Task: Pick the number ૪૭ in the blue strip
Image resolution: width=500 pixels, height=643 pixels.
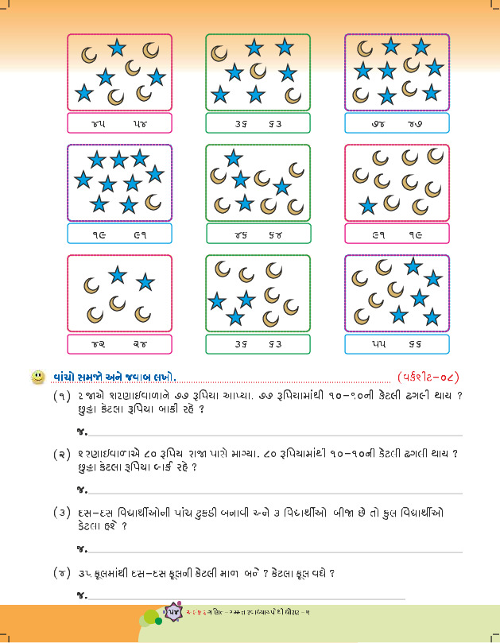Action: [x=415, y=123]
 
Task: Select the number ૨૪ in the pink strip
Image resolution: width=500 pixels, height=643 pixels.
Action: [x=140, y=344]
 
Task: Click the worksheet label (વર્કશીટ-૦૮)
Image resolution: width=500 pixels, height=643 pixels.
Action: [x=428, y=376]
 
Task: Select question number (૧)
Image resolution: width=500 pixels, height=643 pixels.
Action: [x=62, y=397]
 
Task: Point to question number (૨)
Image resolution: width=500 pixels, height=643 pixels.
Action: [x=62, y=454]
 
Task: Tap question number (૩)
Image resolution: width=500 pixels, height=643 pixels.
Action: [x=62, y=513]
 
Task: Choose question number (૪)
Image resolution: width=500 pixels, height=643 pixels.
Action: [x=62, y=571]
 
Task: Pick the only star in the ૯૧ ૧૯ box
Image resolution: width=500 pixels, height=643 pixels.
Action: [x=368, y=206]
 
